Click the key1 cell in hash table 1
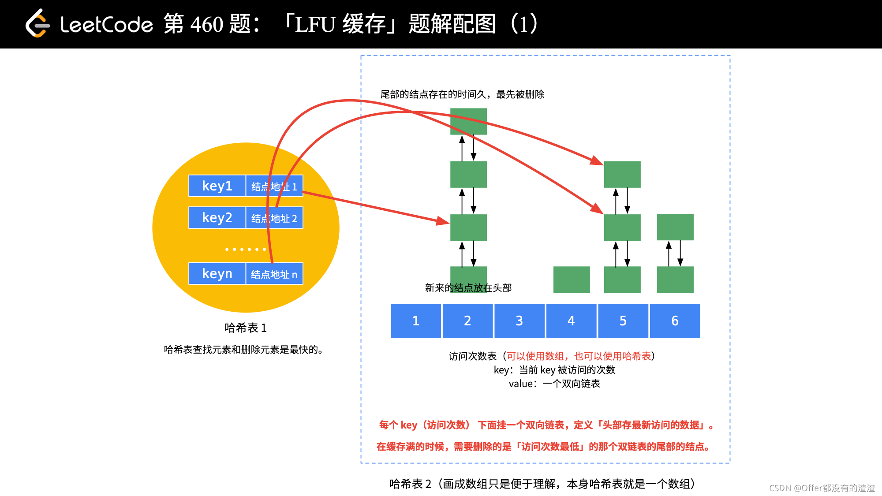tap(217, 186)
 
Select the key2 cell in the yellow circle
tap(217, 218)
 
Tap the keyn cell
tap(217, 274)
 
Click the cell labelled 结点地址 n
tap(274, 274)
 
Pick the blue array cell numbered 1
tap(415, 321)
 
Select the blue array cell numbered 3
tap(519, 321)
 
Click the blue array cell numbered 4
tap(571, 321)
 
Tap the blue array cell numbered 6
tap(675, 321)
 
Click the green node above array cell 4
tap(572, 280)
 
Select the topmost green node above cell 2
tap(468, 121)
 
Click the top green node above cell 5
tap(622, 174)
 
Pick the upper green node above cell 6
tap(675, 227)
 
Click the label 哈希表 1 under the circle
tap(246, 328)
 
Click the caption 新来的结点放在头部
tap(468, 288)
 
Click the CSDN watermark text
tap(822, 488)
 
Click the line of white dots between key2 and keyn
tap(246, 250)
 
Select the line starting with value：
tap(554, 384)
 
